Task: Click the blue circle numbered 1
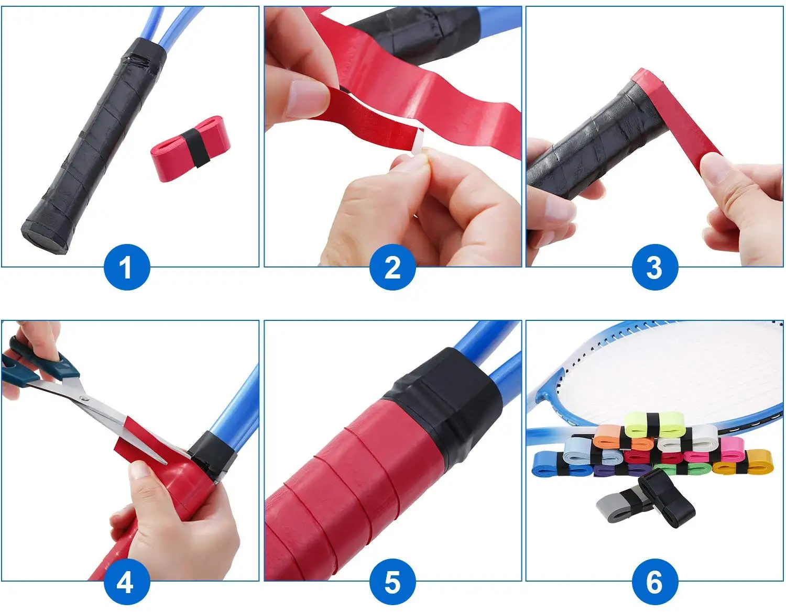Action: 127,267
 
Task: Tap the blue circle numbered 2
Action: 392,267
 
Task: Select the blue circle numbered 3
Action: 654,267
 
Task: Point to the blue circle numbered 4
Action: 126,582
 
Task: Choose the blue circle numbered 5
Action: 392,582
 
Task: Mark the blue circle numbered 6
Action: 654,582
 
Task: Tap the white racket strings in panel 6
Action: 681,377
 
